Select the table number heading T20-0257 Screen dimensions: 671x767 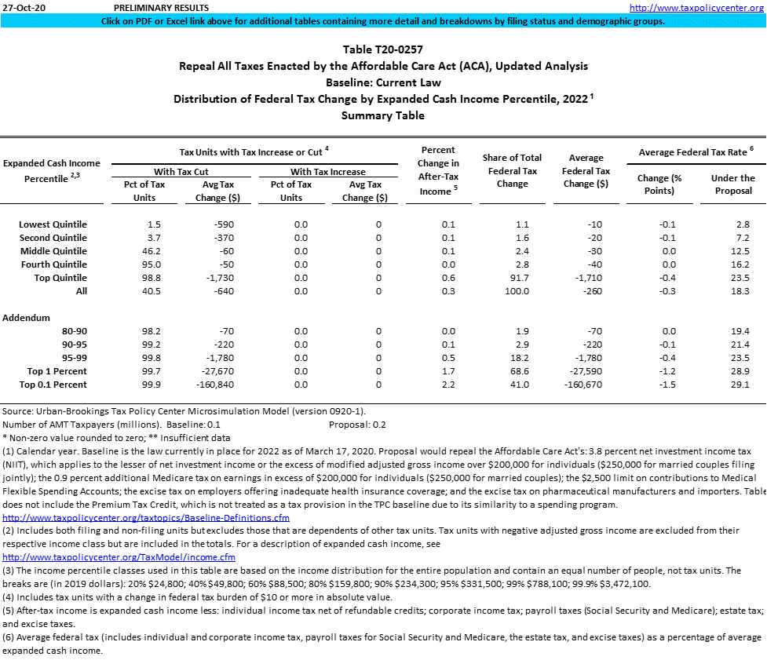[x=382, y=49]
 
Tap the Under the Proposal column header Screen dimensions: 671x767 [x=732, y=184]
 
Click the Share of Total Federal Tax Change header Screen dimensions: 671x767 [x=512, y=171]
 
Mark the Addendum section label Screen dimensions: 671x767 [x=27, y=318]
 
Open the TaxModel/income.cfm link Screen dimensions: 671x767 [x=119, y=557]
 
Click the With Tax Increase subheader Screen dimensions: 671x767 [x=327, y=172]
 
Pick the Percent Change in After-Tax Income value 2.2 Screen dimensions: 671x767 [x=449, y=385]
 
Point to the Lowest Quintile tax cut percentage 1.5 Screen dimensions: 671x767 [x=134, y=224]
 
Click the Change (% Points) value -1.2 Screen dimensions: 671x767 [x=664, y=371]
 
